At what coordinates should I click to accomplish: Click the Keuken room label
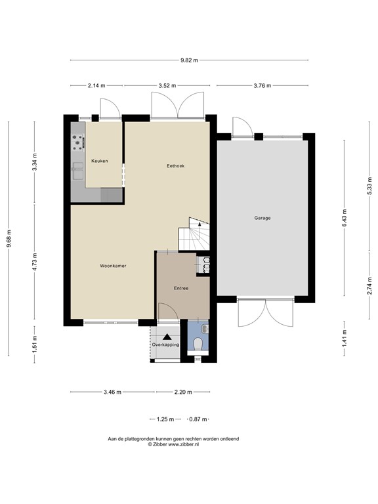[99, 161]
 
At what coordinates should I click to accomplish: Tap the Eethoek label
[175, 166]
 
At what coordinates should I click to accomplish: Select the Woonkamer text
[113, 266]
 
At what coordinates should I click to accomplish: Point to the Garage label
[262, 218]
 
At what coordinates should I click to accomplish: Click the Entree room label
[182, 288]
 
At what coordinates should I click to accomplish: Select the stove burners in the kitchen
[78, 140]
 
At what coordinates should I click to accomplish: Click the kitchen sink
[77, 171]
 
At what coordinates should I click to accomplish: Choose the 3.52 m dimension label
[169, 85]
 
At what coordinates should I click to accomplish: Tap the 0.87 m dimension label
[198, 419]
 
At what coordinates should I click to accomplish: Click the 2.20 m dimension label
[183, 392]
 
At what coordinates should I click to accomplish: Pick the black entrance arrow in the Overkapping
[167, 336]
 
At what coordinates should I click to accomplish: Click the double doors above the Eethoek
[177, 105]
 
